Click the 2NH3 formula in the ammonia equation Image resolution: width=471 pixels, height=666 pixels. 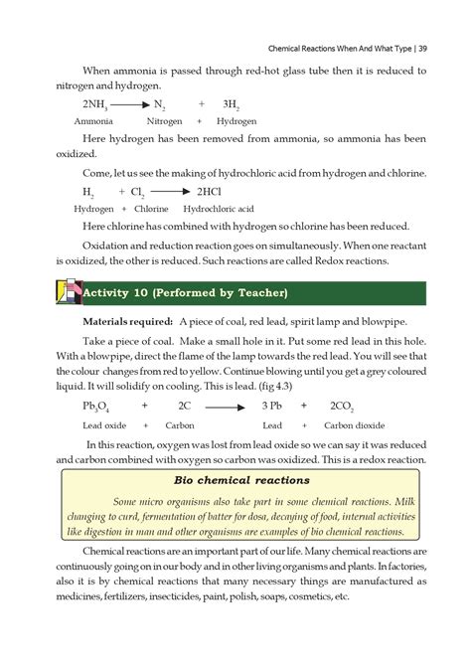pyautogui.click(x=96, y=103)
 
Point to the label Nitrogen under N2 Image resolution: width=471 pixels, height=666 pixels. pyautogui.click(x=164, y=120)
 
